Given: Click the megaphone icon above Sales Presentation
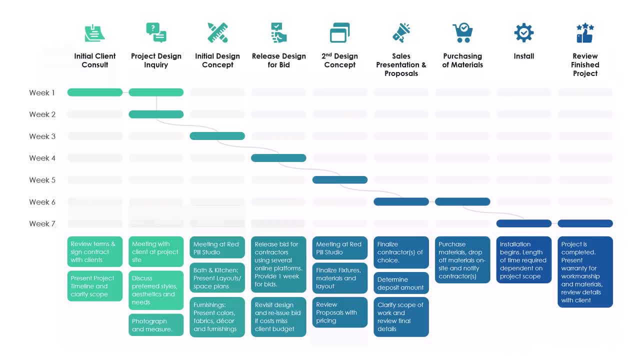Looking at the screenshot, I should click(401, 33).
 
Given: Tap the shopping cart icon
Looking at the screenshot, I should click(462, 33).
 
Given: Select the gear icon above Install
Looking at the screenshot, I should click(523, 33).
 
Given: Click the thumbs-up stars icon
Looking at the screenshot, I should click(585, 33).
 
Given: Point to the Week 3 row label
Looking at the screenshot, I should click(42, 136).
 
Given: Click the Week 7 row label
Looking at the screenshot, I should click(42, 223).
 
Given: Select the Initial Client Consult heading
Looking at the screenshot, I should click(95, 60).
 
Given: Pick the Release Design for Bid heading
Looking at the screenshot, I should click(278, 60).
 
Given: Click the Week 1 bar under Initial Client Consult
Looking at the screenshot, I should click(95, 92).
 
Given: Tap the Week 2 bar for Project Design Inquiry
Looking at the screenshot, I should click(156, 114).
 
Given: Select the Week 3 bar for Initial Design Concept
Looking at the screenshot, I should click(217, 136).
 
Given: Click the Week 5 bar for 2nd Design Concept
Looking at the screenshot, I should click(340, 180).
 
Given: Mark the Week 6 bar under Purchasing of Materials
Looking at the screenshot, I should click(462, 201).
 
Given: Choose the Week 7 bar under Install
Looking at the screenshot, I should click(523, 223).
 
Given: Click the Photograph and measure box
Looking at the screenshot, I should click(156, 325).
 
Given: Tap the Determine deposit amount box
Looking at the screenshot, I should click(401, 283).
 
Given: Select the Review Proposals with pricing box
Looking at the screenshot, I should click(340, 312).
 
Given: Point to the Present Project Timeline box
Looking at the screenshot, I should click(95, 286).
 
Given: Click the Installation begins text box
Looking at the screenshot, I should click(523, 260).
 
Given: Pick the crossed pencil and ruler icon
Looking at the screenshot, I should click(217, 33).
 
